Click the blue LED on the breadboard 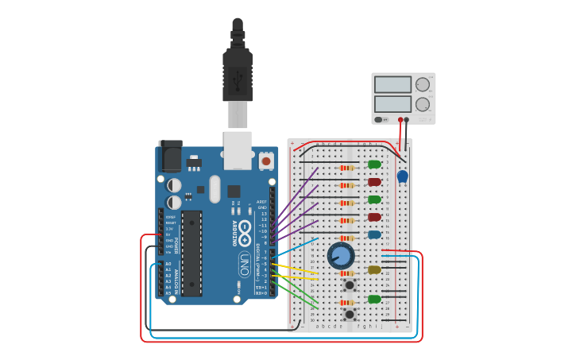point(374,234)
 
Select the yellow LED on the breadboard point(374,270)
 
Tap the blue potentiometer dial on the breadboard point(340,255)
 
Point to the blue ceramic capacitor point(402,176)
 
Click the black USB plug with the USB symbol point(238,76)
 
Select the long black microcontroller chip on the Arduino point(191,254)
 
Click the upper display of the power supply point(392,84)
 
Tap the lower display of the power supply point(392,103)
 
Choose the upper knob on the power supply point(423,84)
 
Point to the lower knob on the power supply point(423,104)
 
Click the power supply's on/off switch point(378,119)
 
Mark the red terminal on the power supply point(400,120)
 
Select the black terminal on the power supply point(407,120)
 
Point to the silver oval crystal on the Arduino point(215,189)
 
